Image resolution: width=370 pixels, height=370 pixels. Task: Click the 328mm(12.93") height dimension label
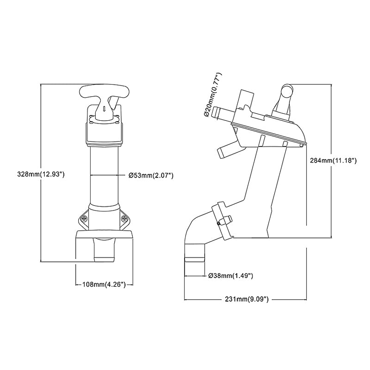point(41,174)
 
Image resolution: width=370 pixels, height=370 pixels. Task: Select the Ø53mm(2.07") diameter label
point(151,175)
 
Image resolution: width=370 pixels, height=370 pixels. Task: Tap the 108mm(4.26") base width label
point(104,284)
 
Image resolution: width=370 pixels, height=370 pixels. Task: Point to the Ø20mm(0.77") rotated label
point(213,95)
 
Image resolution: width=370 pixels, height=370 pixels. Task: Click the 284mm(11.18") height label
point(333,160)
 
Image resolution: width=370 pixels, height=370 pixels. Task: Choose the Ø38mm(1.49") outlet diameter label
point(231,275)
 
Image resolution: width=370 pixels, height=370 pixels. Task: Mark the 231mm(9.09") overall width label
point(247,299)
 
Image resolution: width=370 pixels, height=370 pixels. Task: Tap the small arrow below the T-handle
point(104,109)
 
